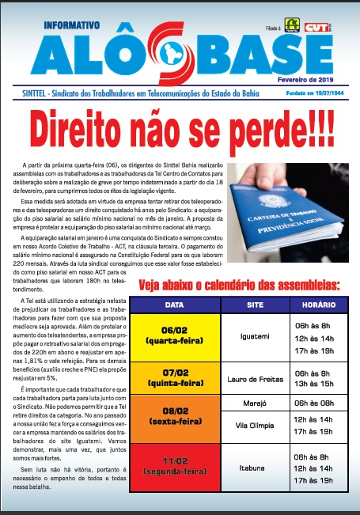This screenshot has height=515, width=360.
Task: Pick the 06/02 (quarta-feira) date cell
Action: click(176, 335)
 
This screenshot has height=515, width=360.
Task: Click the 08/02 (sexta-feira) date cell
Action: click(176, 418)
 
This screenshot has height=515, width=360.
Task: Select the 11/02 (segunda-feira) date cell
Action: click(176, 468)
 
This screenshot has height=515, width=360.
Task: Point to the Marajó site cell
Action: click(255, 403)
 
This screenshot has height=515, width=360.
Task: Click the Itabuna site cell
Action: click(255, 468)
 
